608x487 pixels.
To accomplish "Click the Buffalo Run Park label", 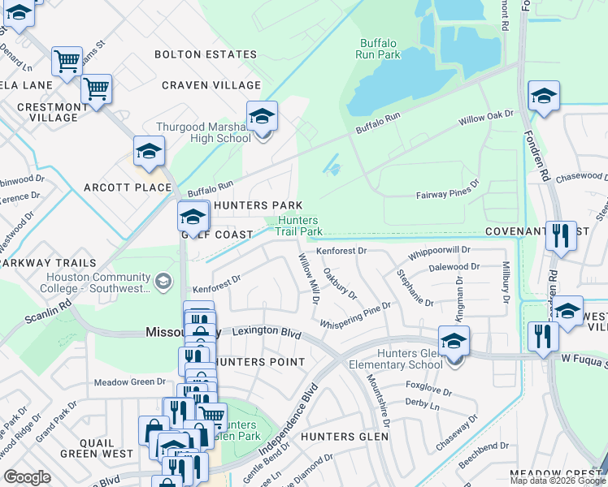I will (x=379, y=49).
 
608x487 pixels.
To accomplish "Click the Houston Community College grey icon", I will (x=164, y=282).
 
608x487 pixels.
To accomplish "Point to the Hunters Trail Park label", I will (x=297, y=226).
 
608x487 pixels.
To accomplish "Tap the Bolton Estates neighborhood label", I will (x=206, y=54).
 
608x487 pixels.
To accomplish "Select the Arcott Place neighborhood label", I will (x=128, y=187).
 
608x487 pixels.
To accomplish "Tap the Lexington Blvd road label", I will (x=267, y=332).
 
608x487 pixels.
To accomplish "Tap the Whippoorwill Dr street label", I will (x=440, y=252).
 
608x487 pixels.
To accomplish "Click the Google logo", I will (x=28, y=477).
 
